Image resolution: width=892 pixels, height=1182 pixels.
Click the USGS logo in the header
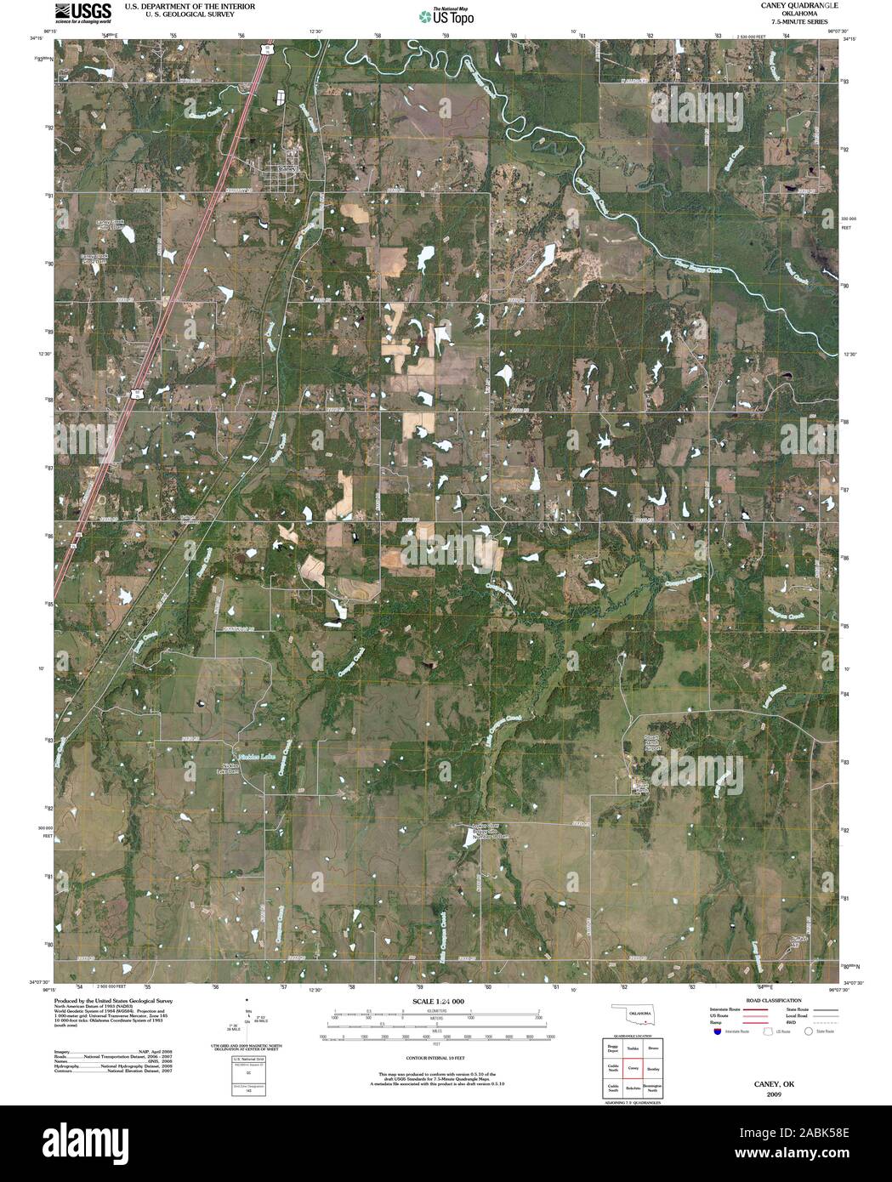click(82, 12)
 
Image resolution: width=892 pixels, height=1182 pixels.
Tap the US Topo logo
click(447, 15)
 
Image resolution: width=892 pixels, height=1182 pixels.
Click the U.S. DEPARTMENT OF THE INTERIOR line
click(178, 5)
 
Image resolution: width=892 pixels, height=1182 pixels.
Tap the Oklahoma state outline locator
click(633, 1015)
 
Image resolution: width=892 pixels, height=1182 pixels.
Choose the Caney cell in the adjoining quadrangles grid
click(632, 1066)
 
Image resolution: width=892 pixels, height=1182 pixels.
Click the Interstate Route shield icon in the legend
click(717, 1031)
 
